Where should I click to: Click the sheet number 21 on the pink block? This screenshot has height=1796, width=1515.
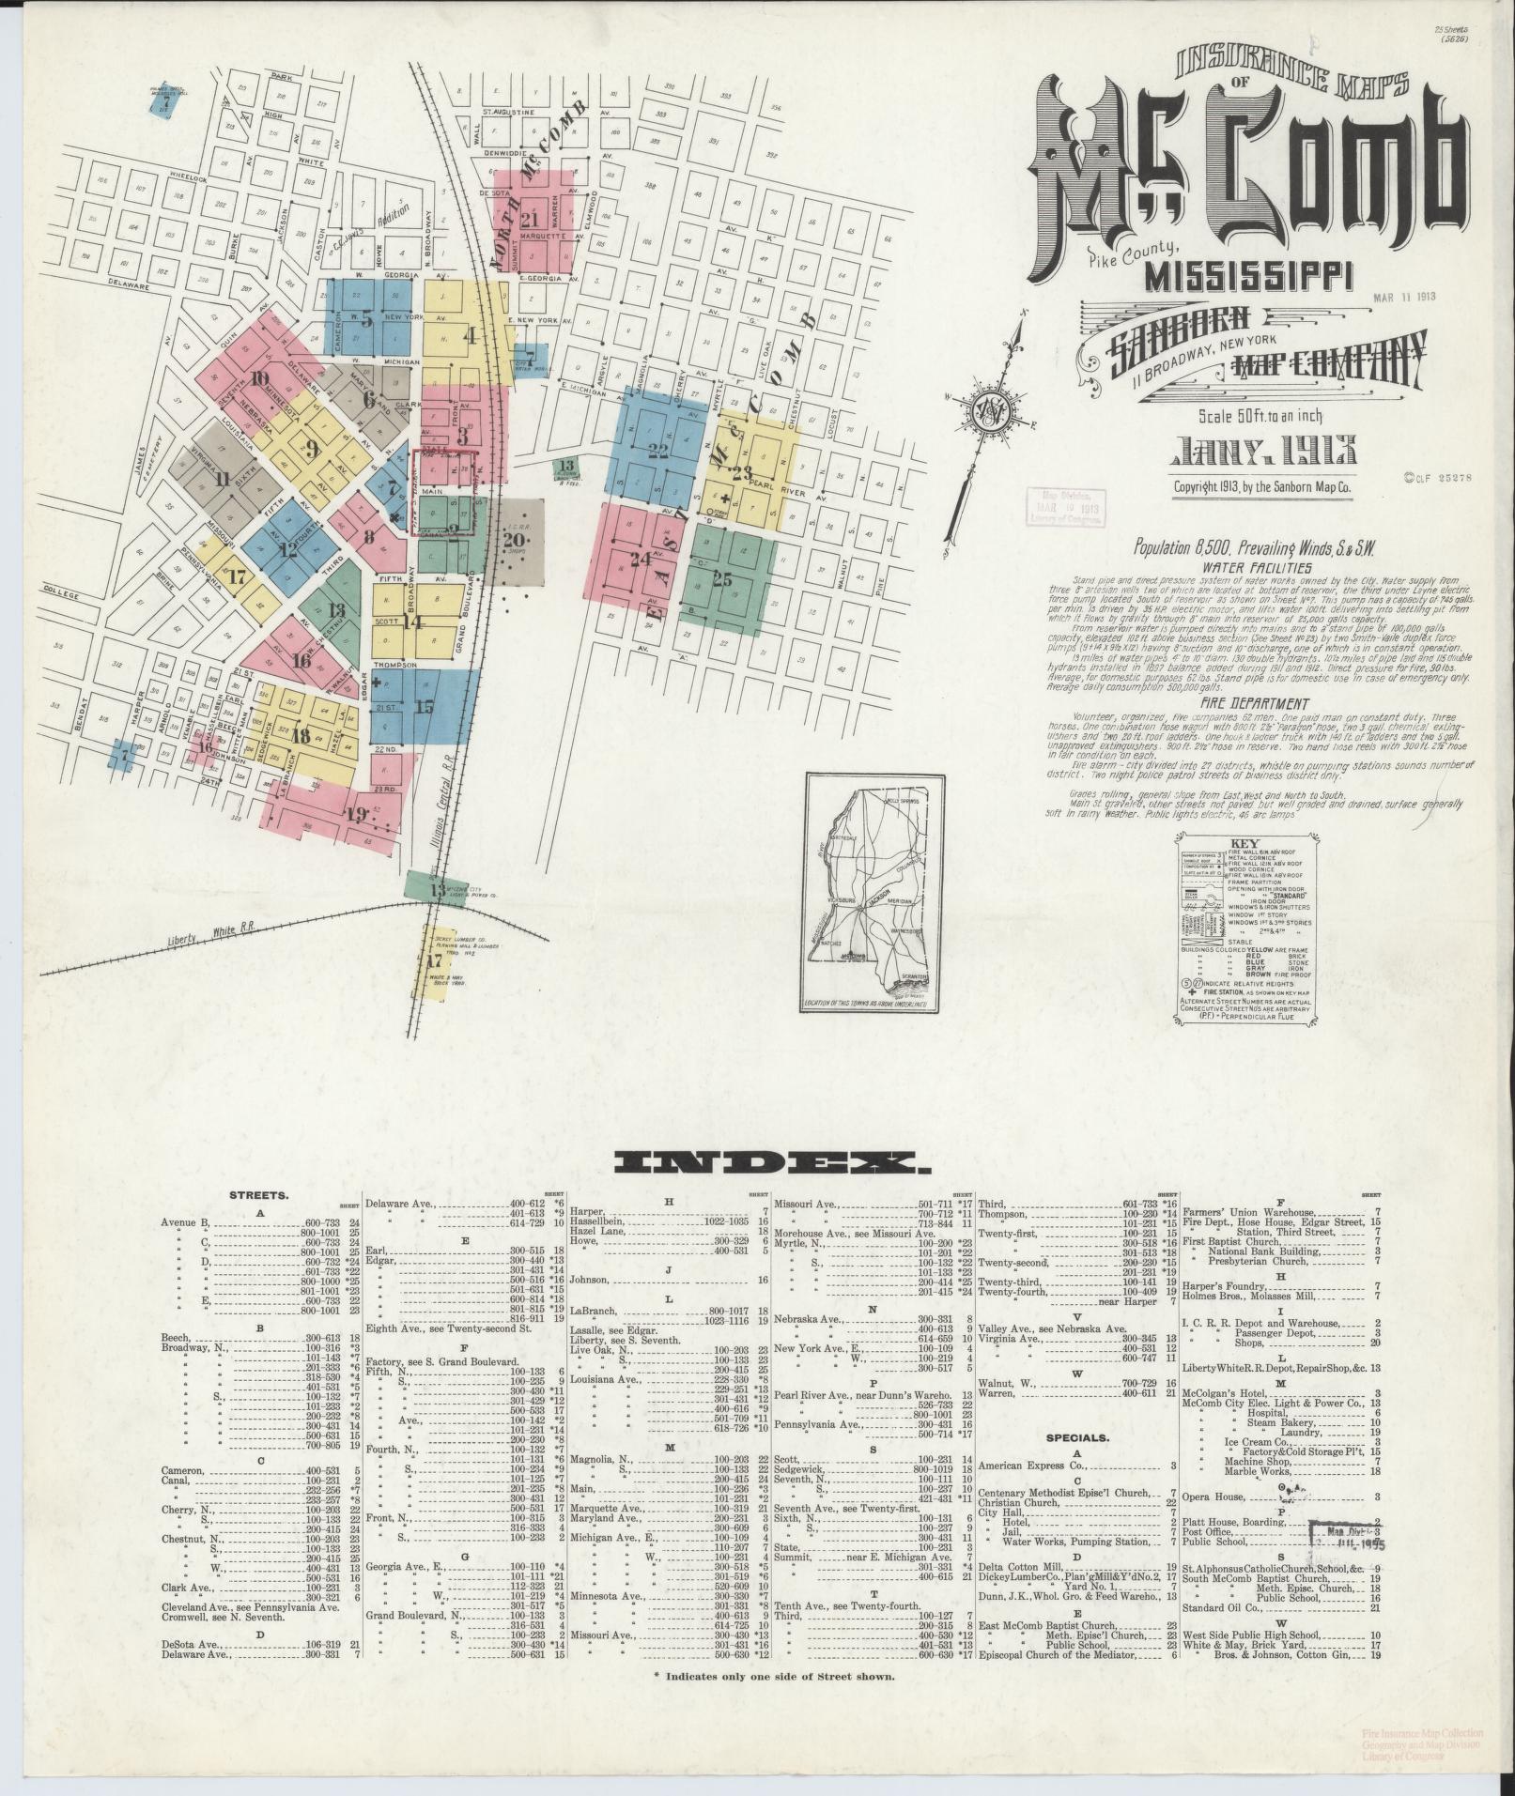(x=531, y=219)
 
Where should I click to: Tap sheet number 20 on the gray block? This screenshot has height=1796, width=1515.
(x=514, y=539)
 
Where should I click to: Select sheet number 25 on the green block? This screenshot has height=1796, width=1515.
(x=722, y=579)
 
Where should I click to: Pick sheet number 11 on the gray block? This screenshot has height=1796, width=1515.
(x=222, y=480)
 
